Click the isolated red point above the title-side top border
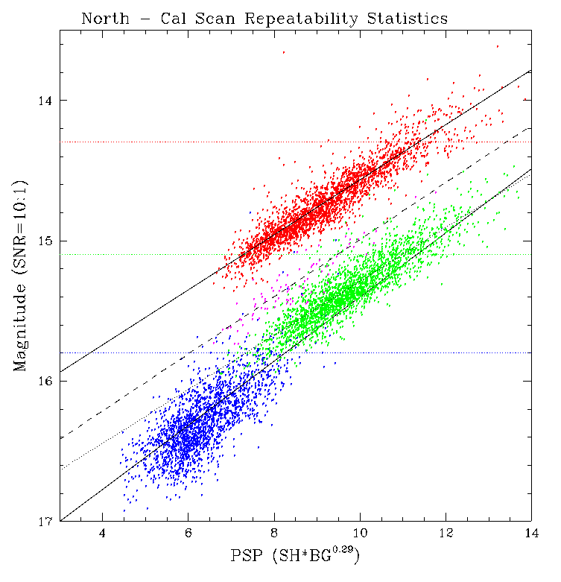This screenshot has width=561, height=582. [x=283, y=52]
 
